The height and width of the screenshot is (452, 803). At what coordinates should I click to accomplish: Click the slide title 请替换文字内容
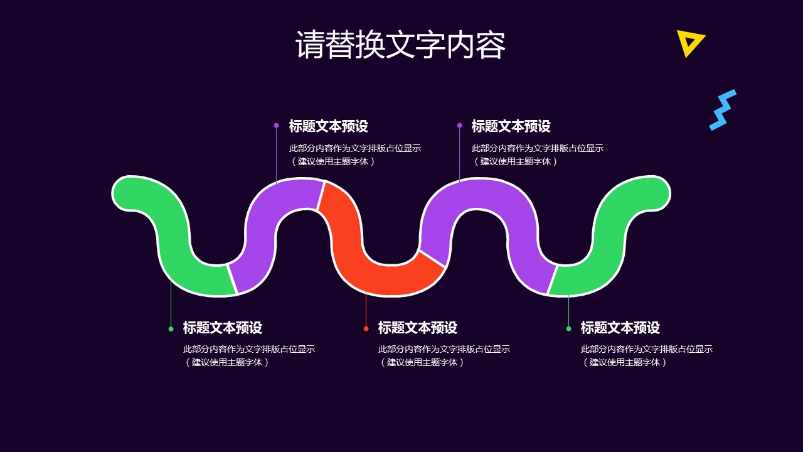pos(400,45)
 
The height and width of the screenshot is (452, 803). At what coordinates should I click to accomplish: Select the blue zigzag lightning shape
pos(722,110)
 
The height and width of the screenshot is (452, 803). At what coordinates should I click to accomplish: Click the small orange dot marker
pos(366,328)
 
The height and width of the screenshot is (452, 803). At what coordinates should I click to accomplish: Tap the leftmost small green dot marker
pos(171,328)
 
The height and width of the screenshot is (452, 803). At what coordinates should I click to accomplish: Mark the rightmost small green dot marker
pos(568,328)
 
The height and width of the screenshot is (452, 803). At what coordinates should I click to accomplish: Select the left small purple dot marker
pos(276,126)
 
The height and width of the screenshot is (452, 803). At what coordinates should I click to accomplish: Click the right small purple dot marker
pos(459,126)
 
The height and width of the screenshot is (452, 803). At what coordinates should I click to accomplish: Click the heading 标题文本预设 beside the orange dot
pos(417,328)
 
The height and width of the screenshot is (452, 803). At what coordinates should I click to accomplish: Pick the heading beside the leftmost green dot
pos(222,328)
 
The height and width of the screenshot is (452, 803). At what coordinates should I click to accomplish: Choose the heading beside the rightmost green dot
pos(620,328)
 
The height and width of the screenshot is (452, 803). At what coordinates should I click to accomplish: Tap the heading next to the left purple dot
pos(328,126)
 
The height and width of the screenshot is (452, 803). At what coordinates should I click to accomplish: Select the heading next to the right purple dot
pos(511,126)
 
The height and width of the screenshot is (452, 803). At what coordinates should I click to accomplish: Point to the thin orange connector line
pos(366,309)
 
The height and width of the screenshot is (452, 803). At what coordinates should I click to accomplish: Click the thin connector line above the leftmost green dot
pos(171,301)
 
